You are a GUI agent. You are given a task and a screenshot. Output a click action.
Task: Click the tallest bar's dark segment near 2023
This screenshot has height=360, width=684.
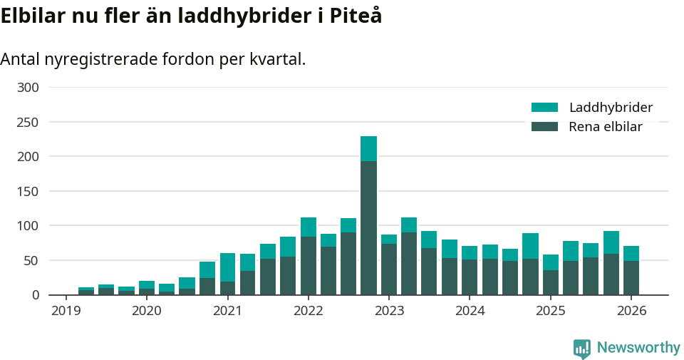[368, 227]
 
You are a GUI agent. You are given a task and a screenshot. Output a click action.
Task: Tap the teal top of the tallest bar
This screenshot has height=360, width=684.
[368, 148]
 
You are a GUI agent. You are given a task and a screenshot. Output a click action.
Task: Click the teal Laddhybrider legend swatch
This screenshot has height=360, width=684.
[544, 108]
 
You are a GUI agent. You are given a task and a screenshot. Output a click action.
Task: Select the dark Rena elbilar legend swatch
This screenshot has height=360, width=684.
[544, 127]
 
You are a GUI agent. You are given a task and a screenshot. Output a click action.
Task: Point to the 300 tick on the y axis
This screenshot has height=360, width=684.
[28, 88]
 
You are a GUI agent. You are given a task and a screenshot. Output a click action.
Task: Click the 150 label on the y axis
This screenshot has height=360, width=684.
[28, 191]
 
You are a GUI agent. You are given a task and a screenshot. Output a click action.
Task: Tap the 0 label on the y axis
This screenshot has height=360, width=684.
[35, 295]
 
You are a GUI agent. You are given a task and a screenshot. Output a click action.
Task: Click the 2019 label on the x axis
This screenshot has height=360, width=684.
[66, 311]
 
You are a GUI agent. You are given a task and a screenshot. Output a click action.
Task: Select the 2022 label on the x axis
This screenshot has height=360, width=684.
[308, 311]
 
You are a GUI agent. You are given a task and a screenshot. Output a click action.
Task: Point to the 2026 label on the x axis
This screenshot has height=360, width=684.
[631, 311]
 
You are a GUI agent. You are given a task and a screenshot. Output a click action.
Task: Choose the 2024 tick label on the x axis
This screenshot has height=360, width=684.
[470, 311]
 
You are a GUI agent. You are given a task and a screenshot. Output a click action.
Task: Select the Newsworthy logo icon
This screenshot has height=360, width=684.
[581, 349]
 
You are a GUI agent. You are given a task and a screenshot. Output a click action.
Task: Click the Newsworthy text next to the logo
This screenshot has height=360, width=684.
[638, 348]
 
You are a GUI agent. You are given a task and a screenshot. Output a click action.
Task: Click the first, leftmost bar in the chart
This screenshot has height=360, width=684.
[86, 291]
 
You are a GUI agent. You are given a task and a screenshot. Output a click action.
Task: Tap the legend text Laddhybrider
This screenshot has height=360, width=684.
[611, 108]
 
